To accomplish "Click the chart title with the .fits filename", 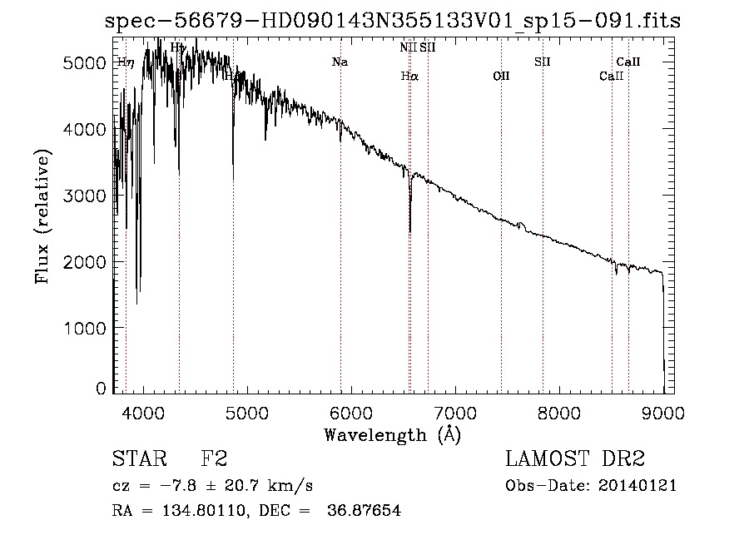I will [x=393, y=21].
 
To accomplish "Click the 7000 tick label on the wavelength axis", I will [x=454, y=412].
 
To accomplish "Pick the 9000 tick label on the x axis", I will [x=663, y=412].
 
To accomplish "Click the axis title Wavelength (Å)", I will [x=392, y=434].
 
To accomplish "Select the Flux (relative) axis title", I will [x=42, y=216].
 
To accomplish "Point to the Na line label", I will [x=340, y=62].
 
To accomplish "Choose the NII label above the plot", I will [x=408, y=47].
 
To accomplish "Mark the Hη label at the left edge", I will [x=125, y=62].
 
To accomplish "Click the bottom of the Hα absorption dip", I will [x=409, y=230].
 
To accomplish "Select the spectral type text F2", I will [x=214, y=459].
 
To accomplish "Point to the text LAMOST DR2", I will [x=575, y=459].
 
